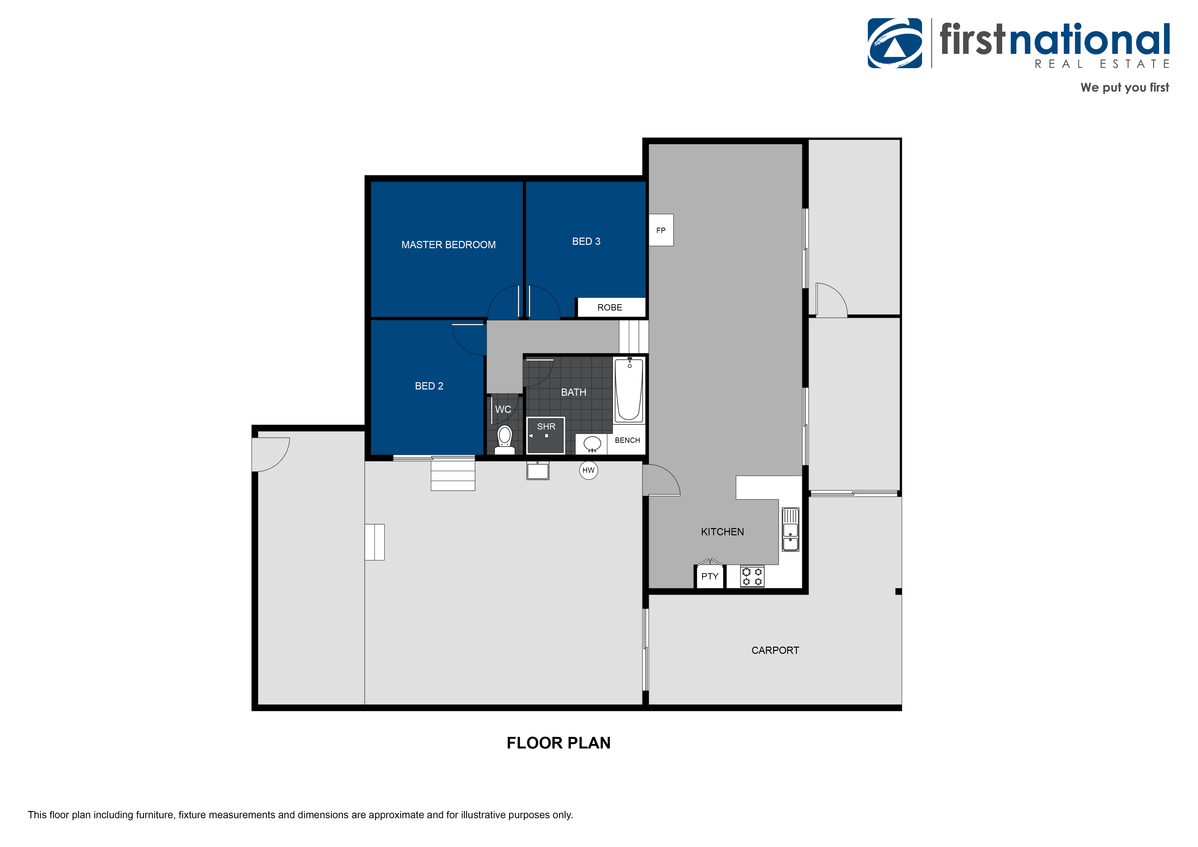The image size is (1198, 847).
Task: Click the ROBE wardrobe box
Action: [610, 307]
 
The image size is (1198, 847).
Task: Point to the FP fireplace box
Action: [661, 230]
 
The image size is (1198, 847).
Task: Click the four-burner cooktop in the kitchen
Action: [752, 576]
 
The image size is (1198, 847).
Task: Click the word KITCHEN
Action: [722, 532]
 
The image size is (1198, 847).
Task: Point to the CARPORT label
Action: [775, 650]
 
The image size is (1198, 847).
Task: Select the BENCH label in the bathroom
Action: [627, 440]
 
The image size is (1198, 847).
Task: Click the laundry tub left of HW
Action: [537, 471]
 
